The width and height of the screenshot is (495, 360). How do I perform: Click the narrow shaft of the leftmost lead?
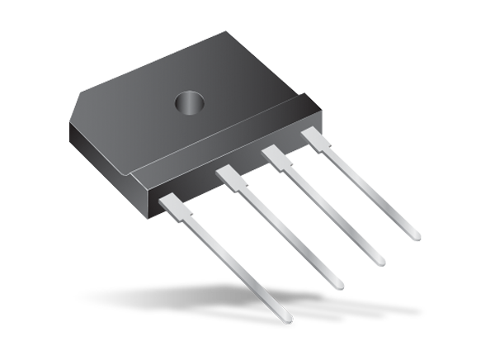[239, 269]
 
